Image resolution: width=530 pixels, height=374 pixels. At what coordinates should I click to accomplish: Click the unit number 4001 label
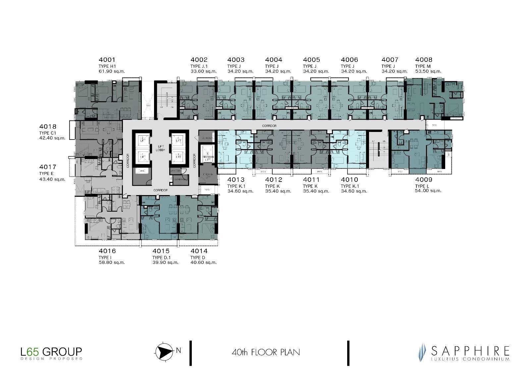pyautogui.click(x=107, y=60)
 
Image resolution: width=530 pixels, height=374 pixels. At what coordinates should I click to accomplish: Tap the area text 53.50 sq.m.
pyautogui.click(x=428, y=71)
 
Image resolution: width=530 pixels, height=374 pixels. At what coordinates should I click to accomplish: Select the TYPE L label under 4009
pyautogui.click(x=422, y=186)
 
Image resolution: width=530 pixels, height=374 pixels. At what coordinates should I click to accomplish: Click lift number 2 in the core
pyautogui.click(x=142, y=139)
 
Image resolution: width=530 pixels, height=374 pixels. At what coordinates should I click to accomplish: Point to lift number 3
pyautogui.click(x=179, y=155)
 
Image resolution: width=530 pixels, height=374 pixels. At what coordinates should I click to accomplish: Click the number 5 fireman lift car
pyautogui.click(x=206, y=158)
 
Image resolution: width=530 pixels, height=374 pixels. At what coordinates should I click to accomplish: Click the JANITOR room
pyautogui.click(x=175, y=171)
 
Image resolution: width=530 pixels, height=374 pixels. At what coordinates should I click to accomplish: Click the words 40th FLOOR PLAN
pyautogui.click(x=266, y=352)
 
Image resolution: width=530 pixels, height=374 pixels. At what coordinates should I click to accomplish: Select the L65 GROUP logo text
pyautogui.click(x=51, y=351)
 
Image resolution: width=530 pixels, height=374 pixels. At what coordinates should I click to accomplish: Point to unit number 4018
pyautogui.click(x=48, y=127)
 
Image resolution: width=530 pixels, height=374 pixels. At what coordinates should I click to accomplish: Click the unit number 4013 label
pyautogui.click(x=236, y=180)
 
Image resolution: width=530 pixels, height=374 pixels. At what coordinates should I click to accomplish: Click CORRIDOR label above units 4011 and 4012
pyautogui.click(x=269, y=126)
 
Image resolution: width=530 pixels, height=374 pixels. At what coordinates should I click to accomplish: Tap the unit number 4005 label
pyautogui.click(x=311, y=60)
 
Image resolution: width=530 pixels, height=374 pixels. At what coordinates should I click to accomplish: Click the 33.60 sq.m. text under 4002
pyautogui.click(x=203, y=71)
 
